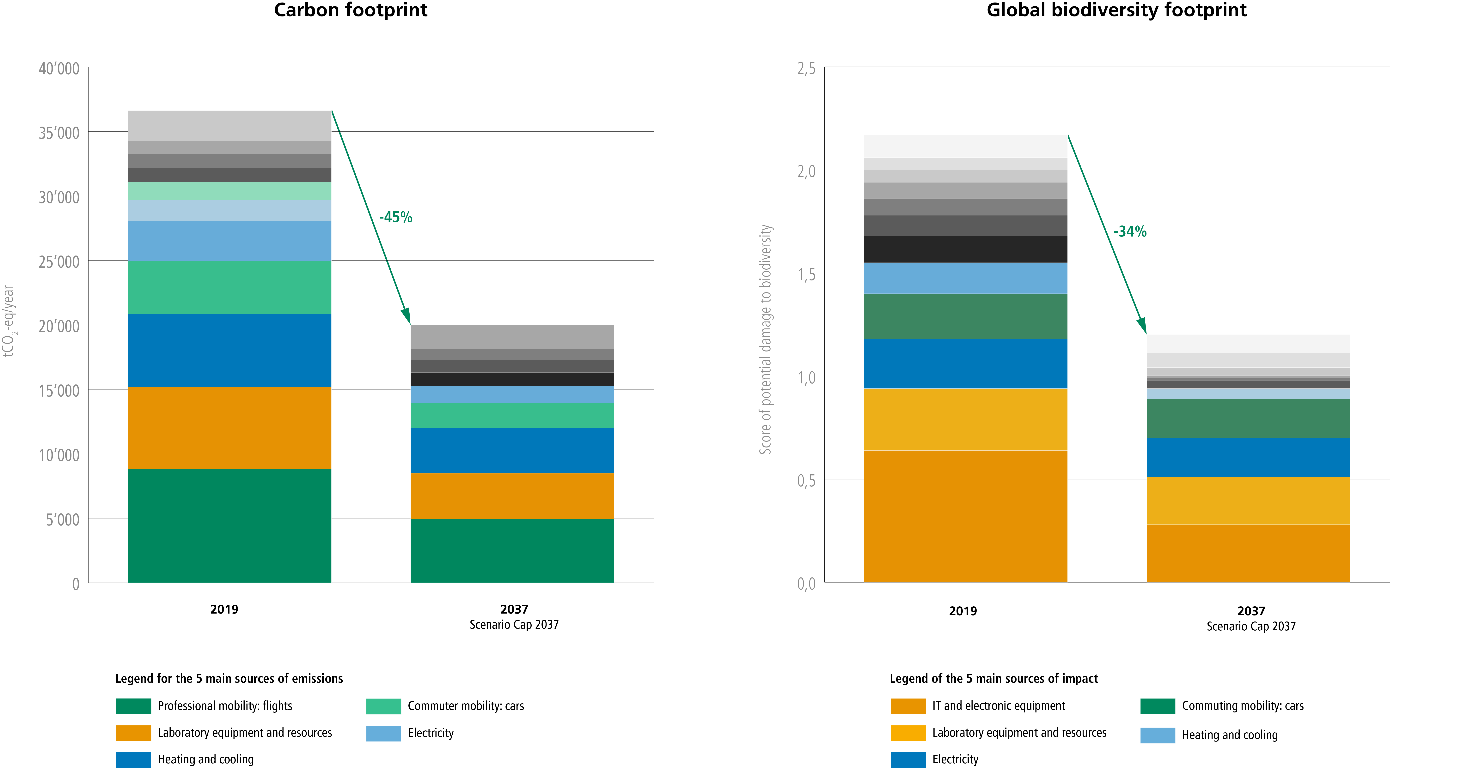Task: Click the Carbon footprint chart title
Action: (x=351, y=10)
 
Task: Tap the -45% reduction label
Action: (x=396, y=217)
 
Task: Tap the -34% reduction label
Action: (x=1130, y=231)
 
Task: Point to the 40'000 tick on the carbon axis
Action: (x=59, y=69)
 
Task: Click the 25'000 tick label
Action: (x=59, y=262)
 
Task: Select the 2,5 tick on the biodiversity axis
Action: (x=806, y=69)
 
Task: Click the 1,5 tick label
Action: (x=806, y=275)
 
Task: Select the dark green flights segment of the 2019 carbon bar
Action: (x=229, y=526)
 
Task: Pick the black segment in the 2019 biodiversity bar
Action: (x=965, y=249)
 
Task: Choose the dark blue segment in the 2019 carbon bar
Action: (x=229, y=350)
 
